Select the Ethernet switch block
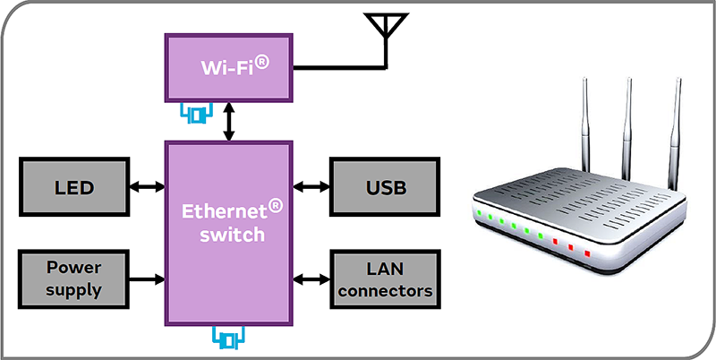tap(229, 233)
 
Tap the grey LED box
tap(74, 187)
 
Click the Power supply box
tap(74, 279)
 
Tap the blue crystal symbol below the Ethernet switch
tap(229, 339)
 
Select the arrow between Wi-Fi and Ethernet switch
tap(230, 122)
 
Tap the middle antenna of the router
tap(627, 125)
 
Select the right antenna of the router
tap(672, 134)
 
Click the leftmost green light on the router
tap(480, 213)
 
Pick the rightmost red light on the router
tap(587, 253)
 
